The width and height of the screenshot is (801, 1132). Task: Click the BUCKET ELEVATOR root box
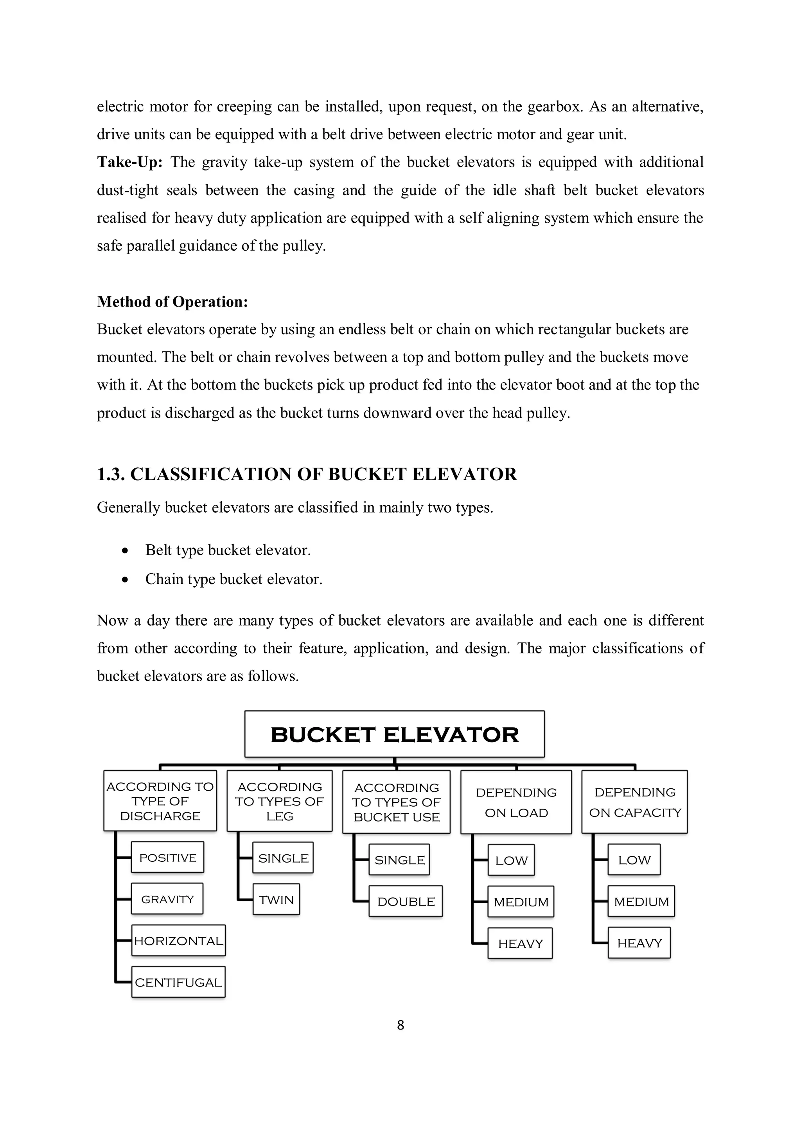395,735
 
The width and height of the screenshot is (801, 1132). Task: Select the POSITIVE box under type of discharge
168,858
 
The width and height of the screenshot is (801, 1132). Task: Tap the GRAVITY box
168,899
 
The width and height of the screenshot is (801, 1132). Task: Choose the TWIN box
276,900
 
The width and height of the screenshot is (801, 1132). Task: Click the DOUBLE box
406,902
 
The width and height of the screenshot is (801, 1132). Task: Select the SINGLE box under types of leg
283,858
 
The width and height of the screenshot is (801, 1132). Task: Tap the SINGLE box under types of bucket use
399,860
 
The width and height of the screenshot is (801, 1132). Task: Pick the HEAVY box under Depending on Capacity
639,943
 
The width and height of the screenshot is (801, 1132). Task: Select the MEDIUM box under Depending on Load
521,902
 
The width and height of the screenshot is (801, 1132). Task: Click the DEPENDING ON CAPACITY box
635,802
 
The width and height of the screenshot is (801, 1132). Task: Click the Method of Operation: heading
172,302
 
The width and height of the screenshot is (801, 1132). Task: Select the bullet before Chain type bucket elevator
125,580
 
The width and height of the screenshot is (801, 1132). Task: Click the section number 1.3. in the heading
111,474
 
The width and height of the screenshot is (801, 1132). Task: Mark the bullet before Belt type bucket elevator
125,551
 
